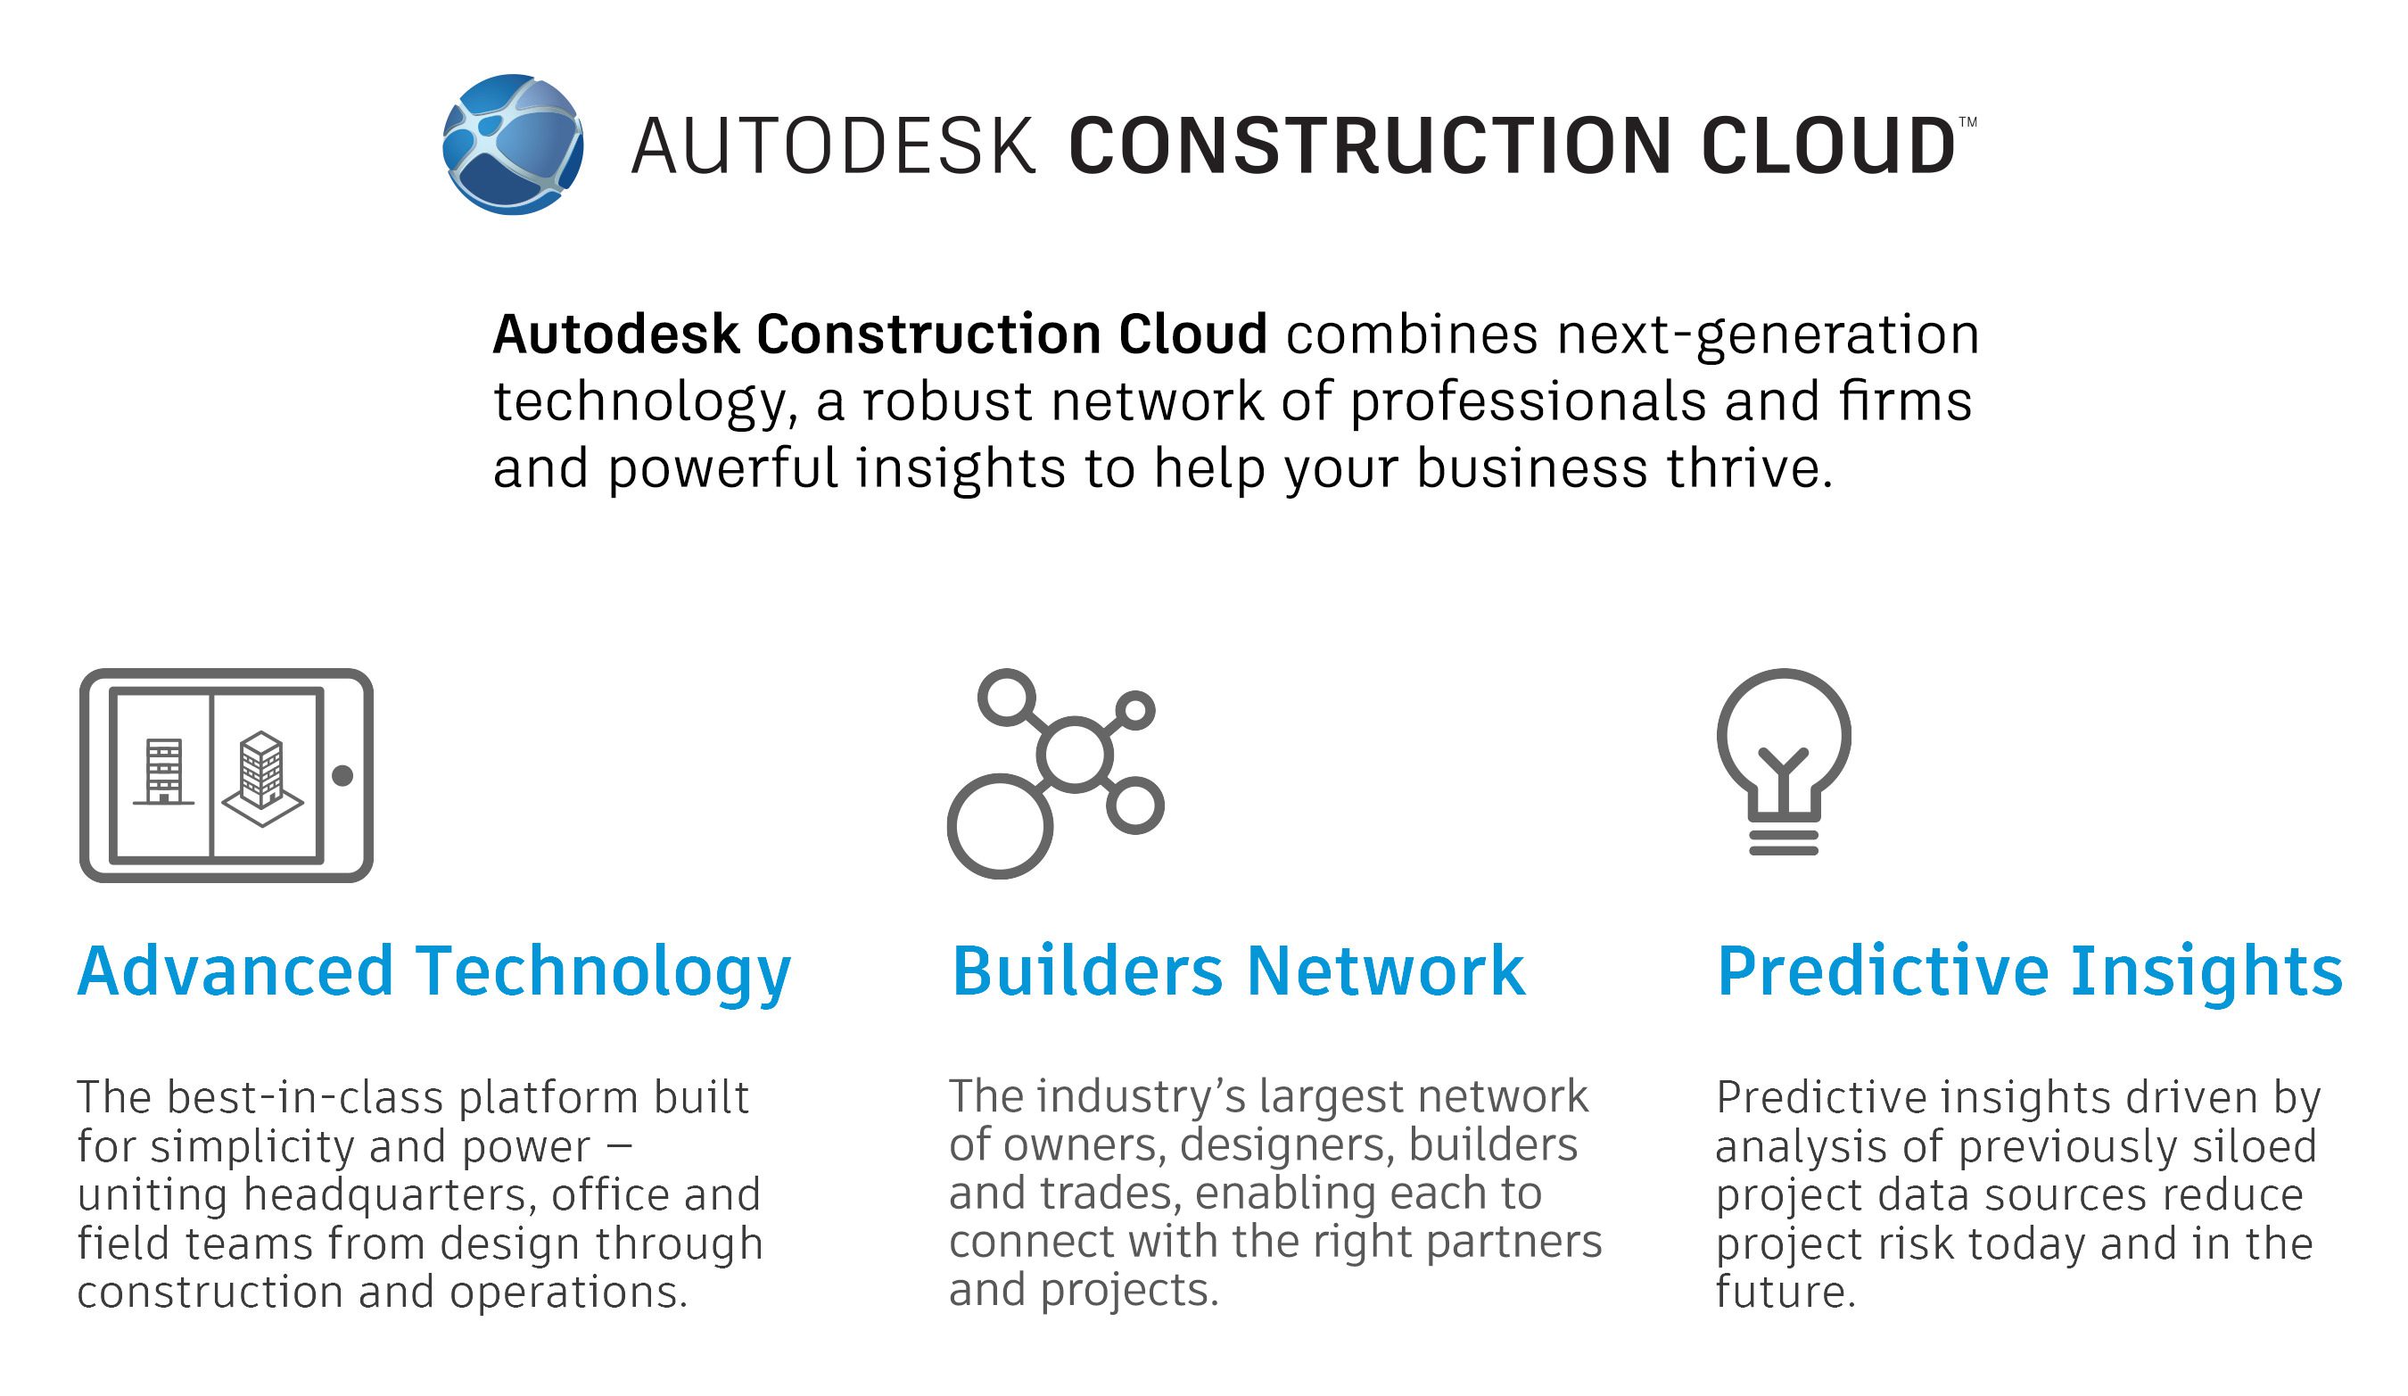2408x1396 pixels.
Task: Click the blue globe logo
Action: click(x=513, y=145)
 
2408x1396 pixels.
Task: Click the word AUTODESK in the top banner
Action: click(x=832, y=146)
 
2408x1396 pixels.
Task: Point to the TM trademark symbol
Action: click(x=1967, y=122)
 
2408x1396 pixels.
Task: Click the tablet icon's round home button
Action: click(x=342, y=776)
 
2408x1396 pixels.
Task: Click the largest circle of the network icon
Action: click(x=1000, y=826)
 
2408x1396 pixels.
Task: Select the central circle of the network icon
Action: click(x=1075, y=754)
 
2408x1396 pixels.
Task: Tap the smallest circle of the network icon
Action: click(x=1135, y=711)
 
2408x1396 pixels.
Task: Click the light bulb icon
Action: click(x=1783, y=761)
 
